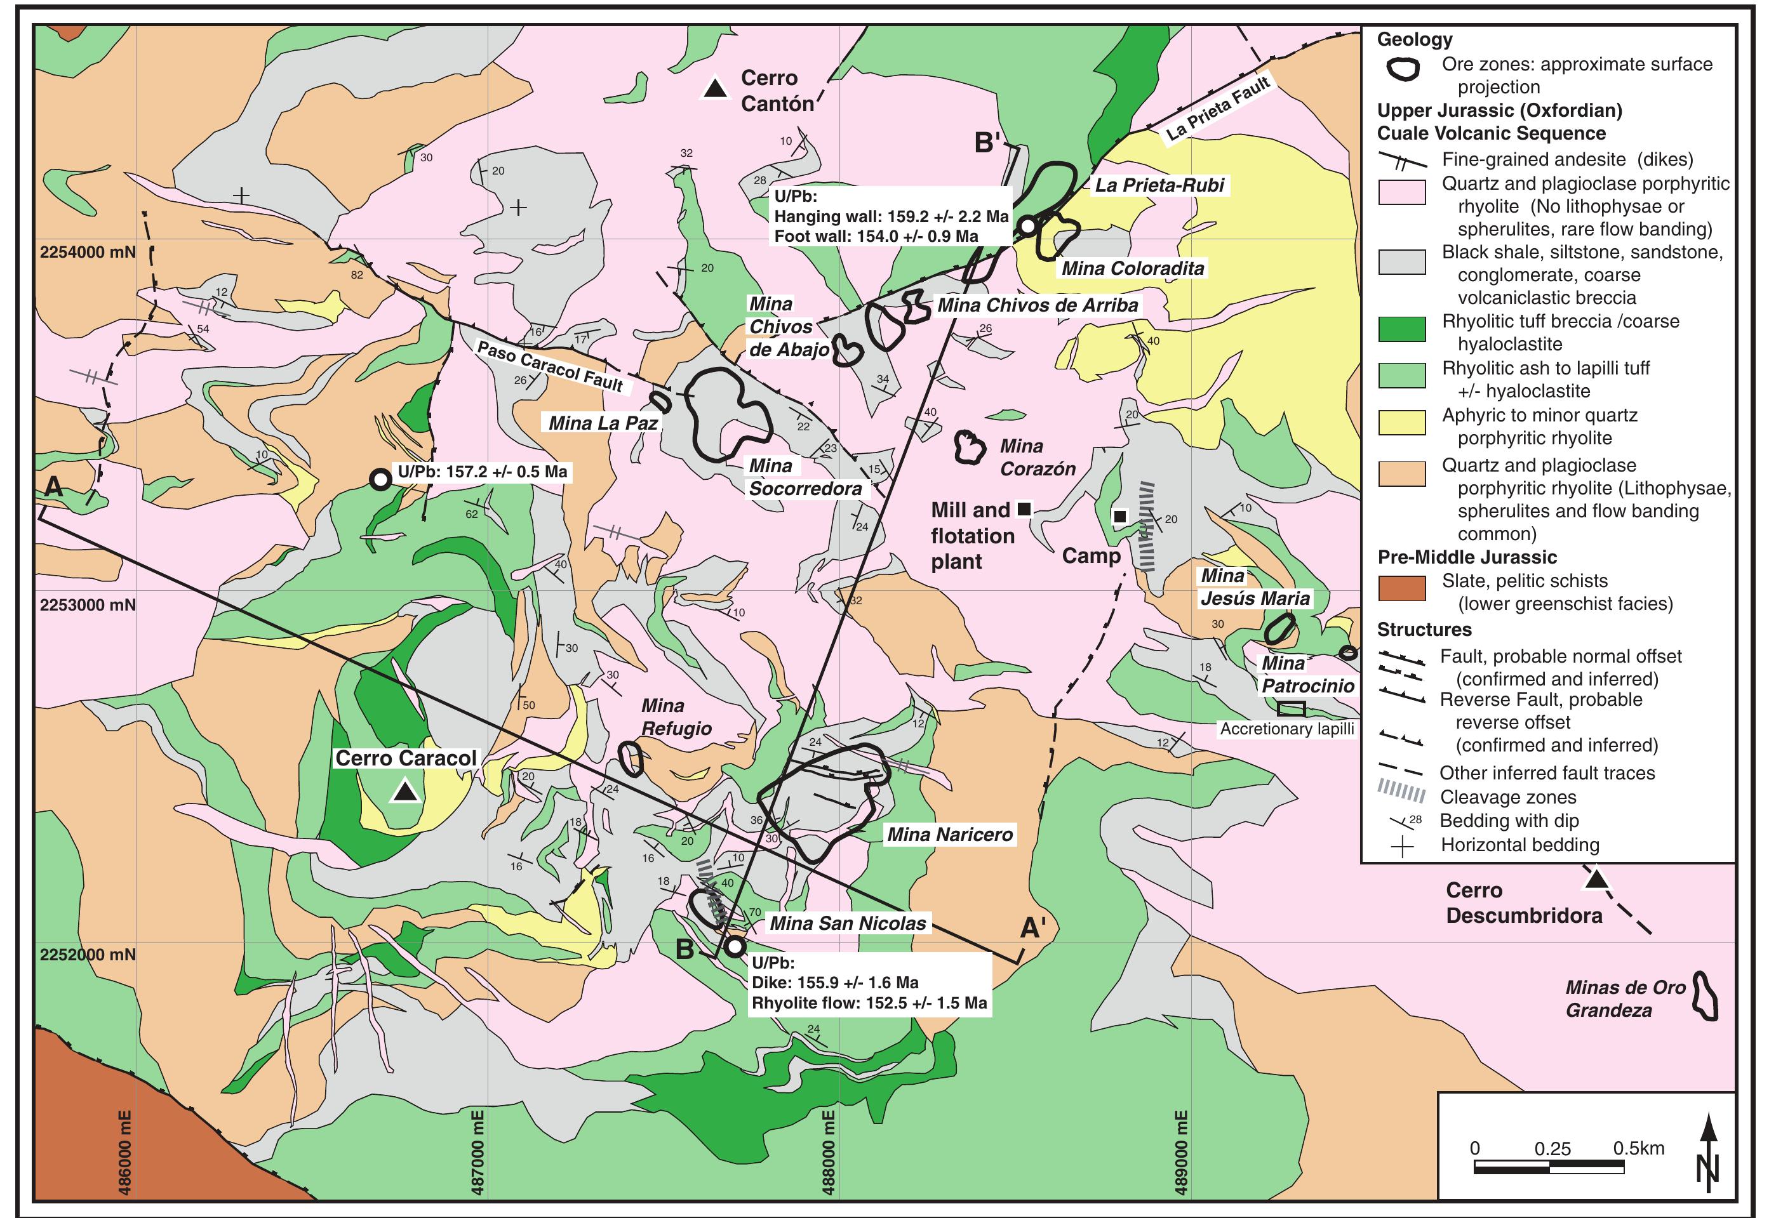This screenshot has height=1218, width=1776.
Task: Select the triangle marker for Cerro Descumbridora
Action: (1595, 880)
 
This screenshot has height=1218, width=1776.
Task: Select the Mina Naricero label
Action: (949, 835)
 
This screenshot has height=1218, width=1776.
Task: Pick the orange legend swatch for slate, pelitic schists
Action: (1401, 588)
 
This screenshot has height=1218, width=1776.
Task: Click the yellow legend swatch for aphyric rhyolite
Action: (1401, 423)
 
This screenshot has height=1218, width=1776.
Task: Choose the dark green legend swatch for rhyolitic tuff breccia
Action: (1401, 329)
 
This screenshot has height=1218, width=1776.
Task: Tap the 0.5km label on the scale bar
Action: (1638, 1148)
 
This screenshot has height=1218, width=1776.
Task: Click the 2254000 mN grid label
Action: (87, 252)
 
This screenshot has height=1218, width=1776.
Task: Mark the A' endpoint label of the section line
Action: (1032, 928)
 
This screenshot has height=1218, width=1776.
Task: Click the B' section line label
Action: (987, 142)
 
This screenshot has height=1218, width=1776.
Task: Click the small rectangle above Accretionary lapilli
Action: (1291, 708)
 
